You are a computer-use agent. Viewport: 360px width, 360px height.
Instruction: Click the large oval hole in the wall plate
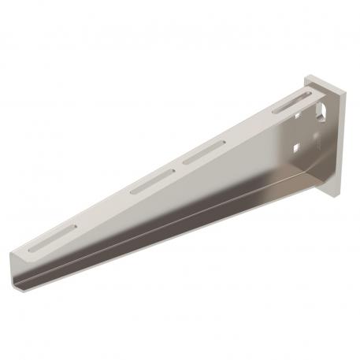click(321, 112)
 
